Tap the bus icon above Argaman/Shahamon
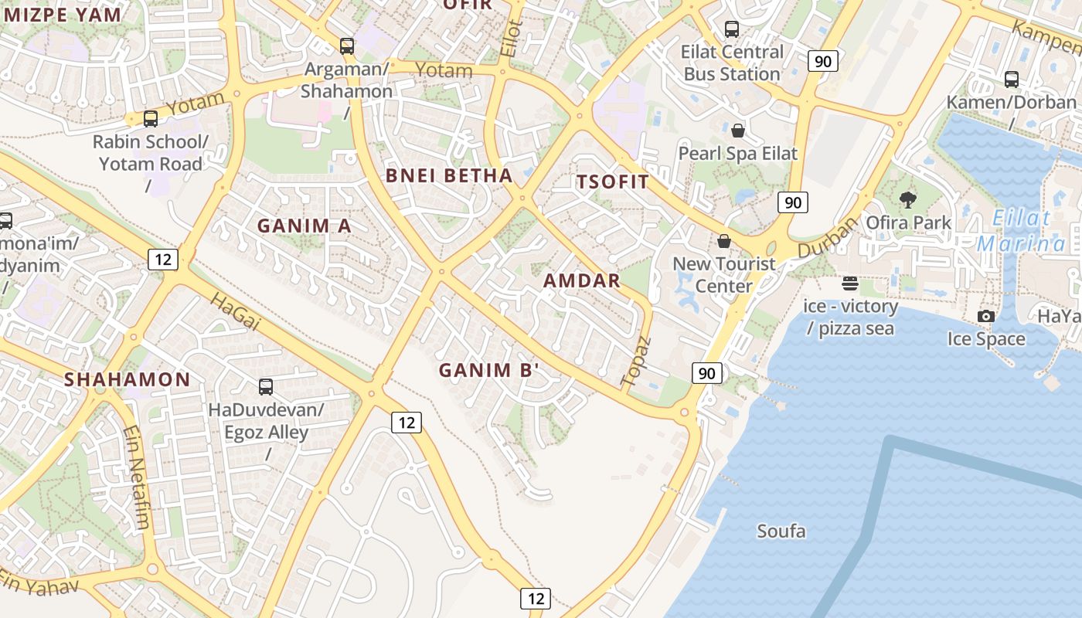tap(347, 46)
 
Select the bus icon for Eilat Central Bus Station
tap(731, 29)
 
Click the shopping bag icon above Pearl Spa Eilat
tap(738, 130)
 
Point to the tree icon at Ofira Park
tap(908, 200)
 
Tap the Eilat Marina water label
tap(1020, 231)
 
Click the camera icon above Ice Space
tap(985, 316)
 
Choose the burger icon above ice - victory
tap(850, 284)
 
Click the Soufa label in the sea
tap(781, 531)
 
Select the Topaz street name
tap(636, 361)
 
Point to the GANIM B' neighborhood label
tap(488, 371)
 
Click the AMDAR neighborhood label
tap(581, 280)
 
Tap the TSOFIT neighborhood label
tap(612, 182)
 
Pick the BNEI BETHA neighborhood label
tap(449, 175)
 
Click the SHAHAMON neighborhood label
tap(127, 379)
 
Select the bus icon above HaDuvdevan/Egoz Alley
tap(266, 386)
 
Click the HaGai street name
tap(235, 311)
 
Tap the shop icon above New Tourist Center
tap(724, 241)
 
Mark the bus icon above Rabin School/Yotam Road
tap(151, 119)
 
